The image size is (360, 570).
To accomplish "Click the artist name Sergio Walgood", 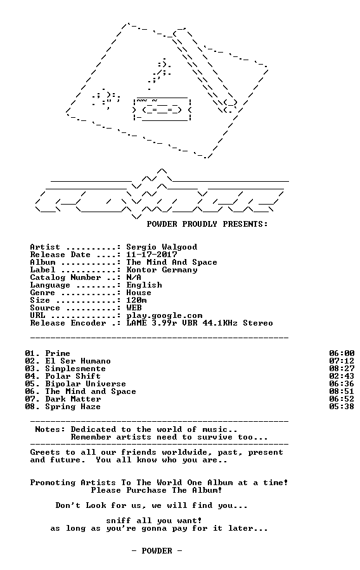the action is [162, 247].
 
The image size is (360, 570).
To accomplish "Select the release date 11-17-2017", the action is [151, 255].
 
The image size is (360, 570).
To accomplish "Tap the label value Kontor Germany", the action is [162, 270].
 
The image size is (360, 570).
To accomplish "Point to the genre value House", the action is [139, 293].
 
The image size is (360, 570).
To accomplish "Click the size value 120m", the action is [136, 300].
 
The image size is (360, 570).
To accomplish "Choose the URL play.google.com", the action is [164, 316].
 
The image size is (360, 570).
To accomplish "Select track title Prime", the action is [58, 353].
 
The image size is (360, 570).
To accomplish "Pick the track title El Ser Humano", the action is [78, 361].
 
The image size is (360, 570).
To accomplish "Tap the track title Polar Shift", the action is [73, 376].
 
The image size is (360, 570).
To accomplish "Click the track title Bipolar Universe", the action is [86, 384].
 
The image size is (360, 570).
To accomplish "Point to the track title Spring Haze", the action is [73, 407].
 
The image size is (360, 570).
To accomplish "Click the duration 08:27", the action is [342, 369].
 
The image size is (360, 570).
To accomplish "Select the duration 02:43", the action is [342, 376].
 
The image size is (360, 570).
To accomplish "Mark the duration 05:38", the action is [342, 407].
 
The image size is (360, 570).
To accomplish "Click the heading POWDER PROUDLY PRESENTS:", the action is [207, 224].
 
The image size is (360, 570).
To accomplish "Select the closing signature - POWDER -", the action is [157, 551].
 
